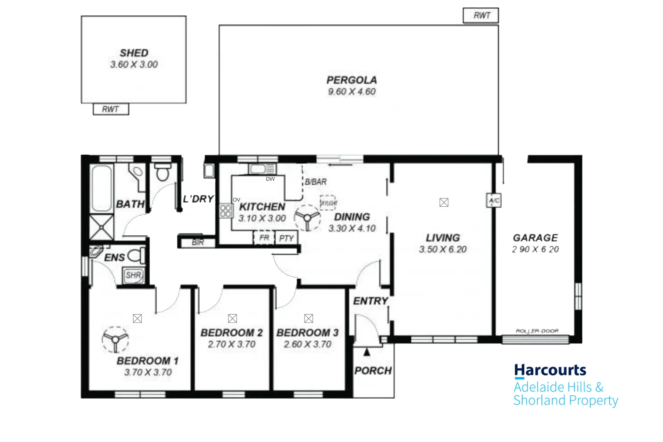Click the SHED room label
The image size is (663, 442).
pyautogui.click(x=134, y=53)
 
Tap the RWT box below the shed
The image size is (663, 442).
pyautogui.click(x=110, y=109)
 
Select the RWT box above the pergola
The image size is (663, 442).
pyautogui.click(x=481, y=16)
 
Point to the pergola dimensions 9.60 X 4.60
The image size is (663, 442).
pyautogui.click(x=352, y=92)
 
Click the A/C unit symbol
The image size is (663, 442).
pyautogui.click(x=494, y=200)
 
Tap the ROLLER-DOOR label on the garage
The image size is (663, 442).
pyautogui.click(x=537, y=331)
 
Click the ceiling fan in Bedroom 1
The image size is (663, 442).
pyautogui.click(x=115, y=339)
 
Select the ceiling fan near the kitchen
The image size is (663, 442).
pyautogui.click(x=307, y=217)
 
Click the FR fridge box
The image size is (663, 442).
pyautogui.click(x=264, y=237)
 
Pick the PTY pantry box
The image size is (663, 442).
pyautogui.click(x=286, y=238)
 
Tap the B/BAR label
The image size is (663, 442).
pyautogui.click(x=316, y=182)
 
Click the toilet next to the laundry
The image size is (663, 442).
pyautogui.click(x=162, y=173)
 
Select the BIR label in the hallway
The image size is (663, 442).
pyautogui.click(x=198, y=242)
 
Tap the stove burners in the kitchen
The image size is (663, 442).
pyautogui.click(x=225, y=211)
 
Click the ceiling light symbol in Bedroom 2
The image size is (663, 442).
pyautogui.click(x=232, y=318)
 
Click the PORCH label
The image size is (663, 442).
pyautogui.click(x=373, y=370)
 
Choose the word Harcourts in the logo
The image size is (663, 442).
pyautogui.click(x=550, y=370)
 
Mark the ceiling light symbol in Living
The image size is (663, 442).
pyautogui.click(x=444, y=202)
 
